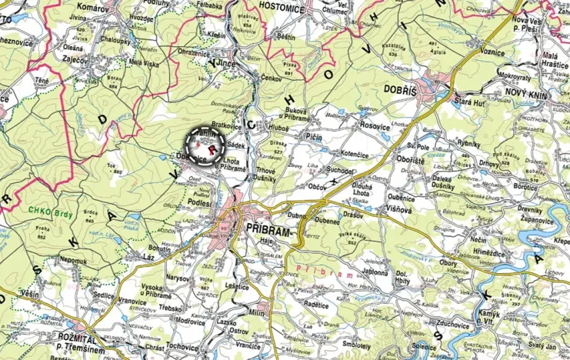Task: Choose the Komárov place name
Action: [x=93, y=6]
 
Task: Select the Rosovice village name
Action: [x=375, y=125]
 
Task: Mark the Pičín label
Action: [x=313, y=136]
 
